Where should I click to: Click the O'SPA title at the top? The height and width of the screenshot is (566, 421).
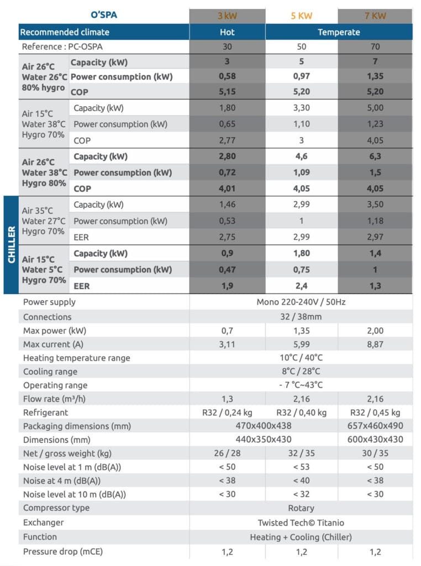coord(104,15)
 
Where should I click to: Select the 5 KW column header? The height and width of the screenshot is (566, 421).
coord(301,15)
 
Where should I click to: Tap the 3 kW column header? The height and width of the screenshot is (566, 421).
coord(227,15)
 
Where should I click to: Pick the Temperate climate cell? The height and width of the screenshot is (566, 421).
coord(339,32)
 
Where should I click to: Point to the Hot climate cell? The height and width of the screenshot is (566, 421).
coord(227,32)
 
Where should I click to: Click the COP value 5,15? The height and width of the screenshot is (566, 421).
coord(227,92)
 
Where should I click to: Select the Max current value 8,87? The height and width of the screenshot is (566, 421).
coord(375,344)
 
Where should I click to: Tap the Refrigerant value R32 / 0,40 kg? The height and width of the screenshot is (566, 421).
coord(301,412)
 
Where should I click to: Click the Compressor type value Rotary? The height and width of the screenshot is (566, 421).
coord(301,508)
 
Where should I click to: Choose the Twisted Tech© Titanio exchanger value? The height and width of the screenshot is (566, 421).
coord(301,522)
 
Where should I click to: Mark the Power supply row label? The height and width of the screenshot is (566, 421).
coord(50,302)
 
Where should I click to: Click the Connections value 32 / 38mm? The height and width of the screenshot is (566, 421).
coord(301,317)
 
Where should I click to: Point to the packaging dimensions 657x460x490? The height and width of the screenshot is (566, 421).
coord(375,426)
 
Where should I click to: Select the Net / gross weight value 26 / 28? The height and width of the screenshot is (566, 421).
coord(227,453)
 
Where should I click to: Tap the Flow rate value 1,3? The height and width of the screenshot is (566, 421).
coord(227,399)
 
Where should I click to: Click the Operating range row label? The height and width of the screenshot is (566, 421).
coord(55,385)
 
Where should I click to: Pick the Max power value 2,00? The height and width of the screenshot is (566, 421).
coord(375,331)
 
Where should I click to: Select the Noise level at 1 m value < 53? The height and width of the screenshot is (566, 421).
coord(301,467)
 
